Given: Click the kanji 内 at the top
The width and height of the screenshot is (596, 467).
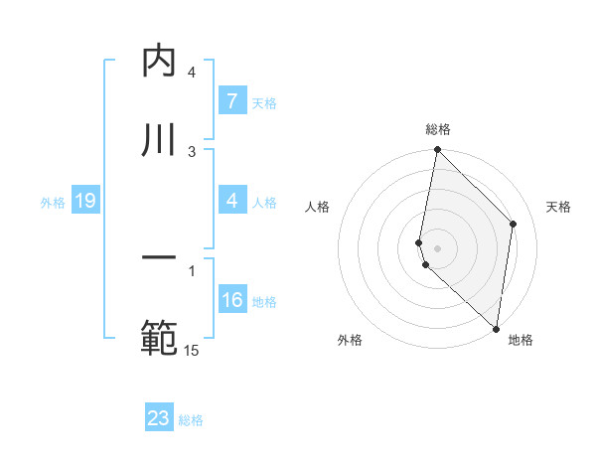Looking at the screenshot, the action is (159, 61).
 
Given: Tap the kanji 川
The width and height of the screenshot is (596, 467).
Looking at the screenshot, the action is (159, 139).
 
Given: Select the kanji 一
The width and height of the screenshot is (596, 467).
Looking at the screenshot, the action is (159, 260).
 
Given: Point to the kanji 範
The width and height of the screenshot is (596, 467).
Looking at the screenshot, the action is (159, 338).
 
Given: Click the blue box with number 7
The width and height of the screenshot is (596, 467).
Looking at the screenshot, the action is (231, 101).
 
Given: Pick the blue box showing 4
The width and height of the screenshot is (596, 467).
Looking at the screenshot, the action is (231, 202).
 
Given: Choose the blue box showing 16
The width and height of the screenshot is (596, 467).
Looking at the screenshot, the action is (232, 301).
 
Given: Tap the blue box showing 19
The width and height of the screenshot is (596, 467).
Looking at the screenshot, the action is (84, 202).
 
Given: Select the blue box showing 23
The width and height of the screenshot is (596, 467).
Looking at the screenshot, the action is (159, 418).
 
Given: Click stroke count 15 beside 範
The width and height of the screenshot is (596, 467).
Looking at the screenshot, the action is (192, 350).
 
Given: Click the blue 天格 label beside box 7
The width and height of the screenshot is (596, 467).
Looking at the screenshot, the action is (264, 102).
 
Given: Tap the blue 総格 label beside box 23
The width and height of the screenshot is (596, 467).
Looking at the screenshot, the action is (191, 419).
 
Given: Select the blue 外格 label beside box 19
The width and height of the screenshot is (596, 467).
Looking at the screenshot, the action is (53, 203).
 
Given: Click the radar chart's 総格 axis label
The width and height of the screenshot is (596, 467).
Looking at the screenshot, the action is (438, 129).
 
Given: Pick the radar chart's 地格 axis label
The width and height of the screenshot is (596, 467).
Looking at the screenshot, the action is (521, 340).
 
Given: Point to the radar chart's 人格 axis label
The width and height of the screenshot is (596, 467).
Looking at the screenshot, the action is (317, 208).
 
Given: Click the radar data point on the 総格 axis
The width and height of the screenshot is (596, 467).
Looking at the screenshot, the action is (437, 150).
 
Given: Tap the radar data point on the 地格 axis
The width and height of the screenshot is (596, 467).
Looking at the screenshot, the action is (496, 328).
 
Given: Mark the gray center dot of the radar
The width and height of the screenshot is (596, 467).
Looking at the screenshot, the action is (437, 247).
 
